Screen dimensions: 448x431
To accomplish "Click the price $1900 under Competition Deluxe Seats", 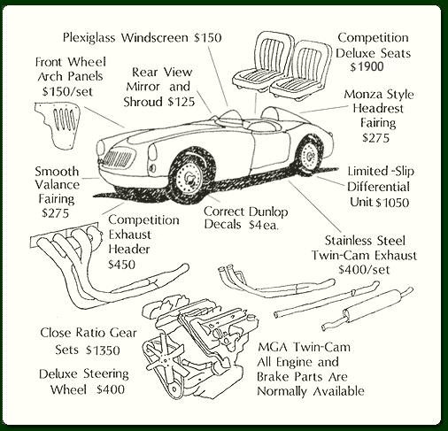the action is [367, 66].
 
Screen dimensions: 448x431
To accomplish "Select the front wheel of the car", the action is [187, 177].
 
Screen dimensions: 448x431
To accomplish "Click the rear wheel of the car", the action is [309, 155].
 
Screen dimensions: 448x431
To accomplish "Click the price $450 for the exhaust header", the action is [121, 265].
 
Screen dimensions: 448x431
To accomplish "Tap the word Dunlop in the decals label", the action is [268, 212].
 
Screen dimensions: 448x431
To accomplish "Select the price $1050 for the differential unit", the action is [392, 203].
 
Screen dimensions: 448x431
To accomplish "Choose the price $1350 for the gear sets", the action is [103, 350].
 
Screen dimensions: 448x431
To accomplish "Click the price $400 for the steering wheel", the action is [111, 389].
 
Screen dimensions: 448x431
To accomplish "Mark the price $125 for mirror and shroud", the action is [182, 102].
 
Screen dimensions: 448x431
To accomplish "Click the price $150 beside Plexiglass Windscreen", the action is [207, 38].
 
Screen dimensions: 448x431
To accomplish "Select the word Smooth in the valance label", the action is [57, 172].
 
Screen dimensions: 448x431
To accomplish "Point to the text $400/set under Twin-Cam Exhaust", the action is [364, 269].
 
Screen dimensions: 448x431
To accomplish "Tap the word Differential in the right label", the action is [378, 187].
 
